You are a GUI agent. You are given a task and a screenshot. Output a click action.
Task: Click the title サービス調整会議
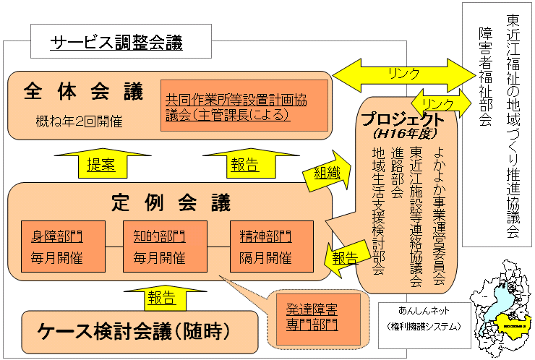pos(116,42)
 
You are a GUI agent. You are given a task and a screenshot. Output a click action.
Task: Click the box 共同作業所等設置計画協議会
pos(244,106)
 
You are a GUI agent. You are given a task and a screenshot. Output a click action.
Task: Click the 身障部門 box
pos(63,247)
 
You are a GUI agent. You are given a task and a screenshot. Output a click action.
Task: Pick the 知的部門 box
pos(165,247)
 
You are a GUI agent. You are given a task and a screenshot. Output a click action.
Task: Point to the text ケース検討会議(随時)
pos(134,332)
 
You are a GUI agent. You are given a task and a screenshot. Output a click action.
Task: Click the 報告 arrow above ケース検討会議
pos(161,296)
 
